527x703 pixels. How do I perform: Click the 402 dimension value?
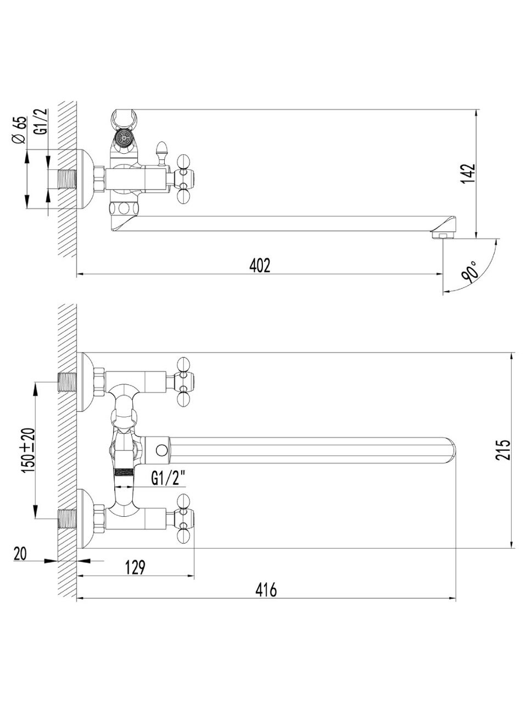(260, 265)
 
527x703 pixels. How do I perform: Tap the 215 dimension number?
(503, 450)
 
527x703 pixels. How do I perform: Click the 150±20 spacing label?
(28, 450)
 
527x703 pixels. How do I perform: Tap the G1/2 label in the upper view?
(41, 121)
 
